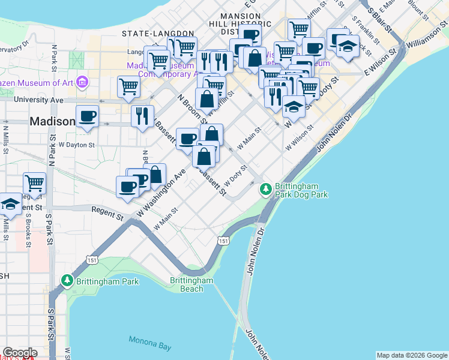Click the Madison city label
point(53,122)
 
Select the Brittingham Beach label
point(191,284)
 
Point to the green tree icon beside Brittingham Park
point(67,281)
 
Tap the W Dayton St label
point(76,145)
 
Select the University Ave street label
point(38,99)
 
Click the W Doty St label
point(236,176)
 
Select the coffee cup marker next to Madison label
point(87,116)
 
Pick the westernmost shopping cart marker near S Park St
point(35,183)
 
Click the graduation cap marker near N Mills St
point(10,205)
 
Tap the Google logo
point(19,353)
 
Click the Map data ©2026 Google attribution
point(411,355)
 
